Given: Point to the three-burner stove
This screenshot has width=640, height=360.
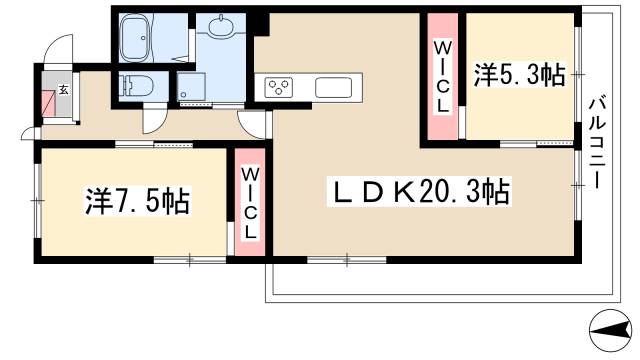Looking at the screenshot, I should [278, 87].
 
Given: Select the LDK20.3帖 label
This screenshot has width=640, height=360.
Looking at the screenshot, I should [416, 190].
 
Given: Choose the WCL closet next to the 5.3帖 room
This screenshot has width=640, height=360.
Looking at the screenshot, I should [442, 75].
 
